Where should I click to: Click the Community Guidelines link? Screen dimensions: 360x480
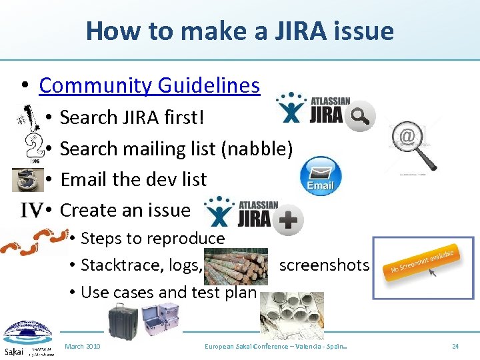coord(149,85)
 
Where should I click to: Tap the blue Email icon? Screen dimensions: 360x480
coord(321,176)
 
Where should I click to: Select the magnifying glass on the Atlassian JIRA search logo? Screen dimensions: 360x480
coord(360,116)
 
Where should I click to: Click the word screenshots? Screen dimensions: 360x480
coord(324,265)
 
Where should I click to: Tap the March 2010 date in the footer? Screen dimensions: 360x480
coord(83,347)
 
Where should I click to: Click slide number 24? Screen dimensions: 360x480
coord(455,347)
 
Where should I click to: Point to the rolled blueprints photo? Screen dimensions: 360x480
coord(291,311)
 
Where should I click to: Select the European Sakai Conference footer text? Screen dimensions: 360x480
coord(280,347)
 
